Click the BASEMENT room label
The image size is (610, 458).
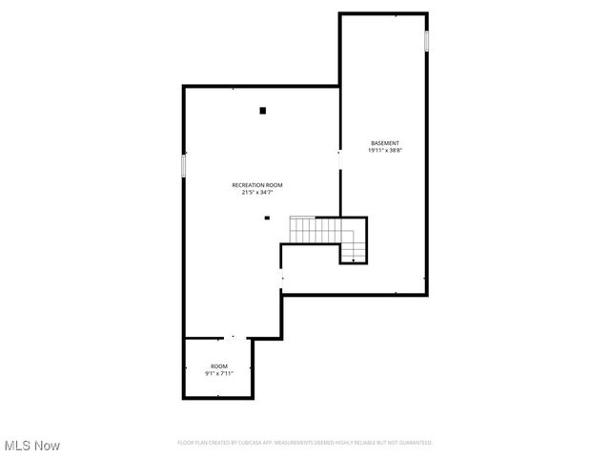(384, 143)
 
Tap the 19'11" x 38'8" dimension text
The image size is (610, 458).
(384, 151)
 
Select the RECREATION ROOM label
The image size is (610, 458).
(257, 184)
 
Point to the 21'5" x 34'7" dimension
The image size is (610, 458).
(257, 192)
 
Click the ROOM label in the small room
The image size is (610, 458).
(219, 366)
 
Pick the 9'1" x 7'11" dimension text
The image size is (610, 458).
(219, 374)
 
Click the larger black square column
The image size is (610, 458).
(263, 111)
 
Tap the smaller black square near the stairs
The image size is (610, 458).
(267, 218)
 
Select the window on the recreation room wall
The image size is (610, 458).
(184, 164)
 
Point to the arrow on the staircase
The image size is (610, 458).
(355, 253)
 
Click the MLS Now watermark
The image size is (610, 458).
(32, 446)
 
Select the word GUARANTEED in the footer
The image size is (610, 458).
(414, 443)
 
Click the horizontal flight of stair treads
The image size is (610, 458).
(315, 230)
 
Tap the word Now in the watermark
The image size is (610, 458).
(48, 446)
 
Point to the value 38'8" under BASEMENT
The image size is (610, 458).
(395, 151)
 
